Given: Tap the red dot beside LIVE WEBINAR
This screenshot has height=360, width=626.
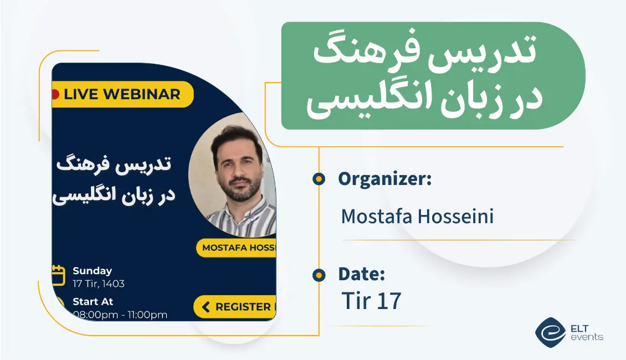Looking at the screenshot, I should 55,94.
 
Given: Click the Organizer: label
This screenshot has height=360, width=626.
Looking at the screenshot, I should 384,179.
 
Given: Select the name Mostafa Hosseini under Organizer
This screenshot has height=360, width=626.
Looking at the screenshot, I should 417,217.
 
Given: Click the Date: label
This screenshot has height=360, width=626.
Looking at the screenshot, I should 361,274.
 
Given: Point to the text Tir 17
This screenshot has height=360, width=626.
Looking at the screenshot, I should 371,301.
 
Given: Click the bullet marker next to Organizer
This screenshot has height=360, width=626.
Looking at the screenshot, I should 319,179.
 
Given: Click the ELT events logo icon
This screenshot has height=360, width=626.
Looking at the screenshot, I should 550,332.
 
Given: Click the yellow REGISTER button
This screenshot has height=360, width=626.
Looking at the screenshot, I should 235,307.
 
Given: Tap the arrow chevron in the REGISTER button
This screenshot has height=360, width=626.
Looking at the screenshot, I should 206,307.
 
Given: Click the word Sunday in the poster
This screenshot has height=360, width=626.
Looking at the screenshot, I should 92,271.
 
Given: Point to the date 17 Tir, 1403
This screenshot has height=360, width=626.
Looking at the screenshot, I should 99,284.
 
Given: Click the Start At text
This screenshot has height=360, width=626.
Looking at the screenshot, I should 93,302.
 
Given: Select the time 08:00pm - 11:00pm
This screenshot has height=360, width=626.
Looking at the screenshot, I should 120,315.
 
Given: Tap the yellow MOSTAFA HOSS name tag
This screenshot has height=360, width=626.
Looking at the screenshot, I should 237,248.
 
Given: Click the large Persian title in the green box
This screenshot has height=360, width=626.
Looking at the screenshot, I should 424,78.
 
